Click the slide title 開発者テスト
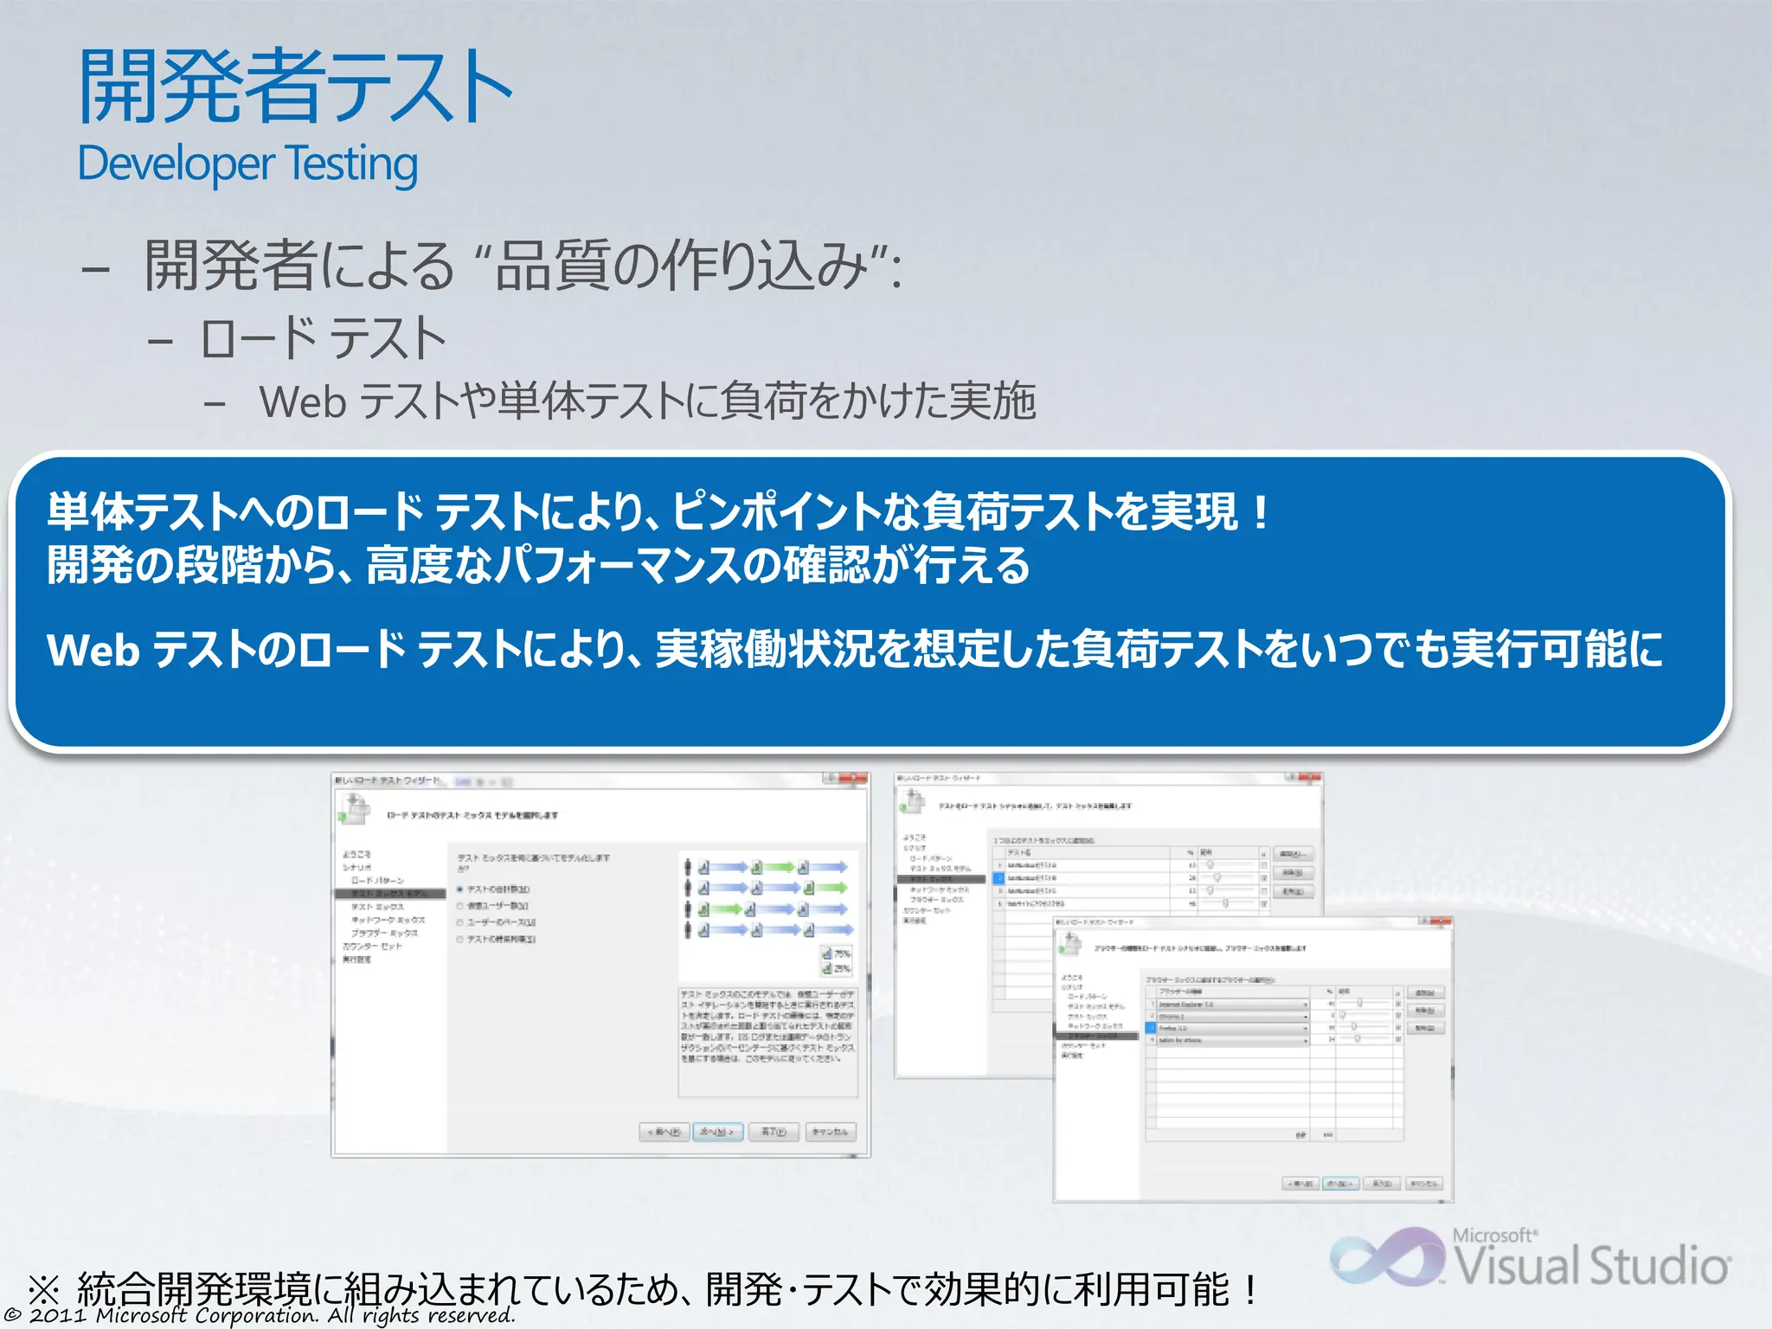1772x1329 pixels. coord(294,87)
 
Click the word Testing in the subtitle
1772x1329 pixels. coord(351,164)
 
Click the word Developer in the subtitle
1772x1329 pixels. coord(176,164)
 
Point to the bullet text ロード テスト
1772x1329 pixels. coord(322,338)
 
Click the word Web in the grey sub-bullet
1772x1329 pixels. coord(303,401)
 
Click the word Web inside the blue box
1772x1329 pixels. coord(93,650)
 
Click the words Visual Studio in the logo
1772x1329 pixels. coord(1592,1266)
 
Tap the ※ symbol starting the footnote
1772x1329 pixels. coord(43,1290)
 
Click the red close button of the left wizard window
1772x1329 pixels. coord(857,779)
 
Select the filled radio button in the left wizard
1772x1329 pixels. coord(460,889)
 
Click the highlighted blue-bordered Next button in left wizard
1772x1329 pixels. coord(717,1132)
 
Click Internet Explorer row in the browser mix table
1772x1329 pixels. coord(1229,1005)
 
